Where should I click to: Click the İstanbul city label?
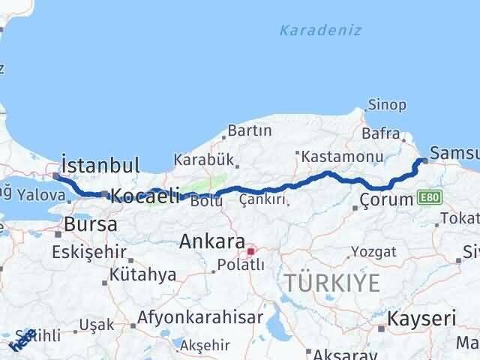click(x=100, y=165)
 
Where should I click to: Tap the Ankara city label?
click(x=212, y=242)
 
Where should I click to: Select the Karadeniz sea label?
click(x=320, y=31)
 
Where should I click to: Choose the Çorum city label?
click(x=386, y=199)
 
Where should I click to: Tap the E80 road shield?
click(x=431, y=196)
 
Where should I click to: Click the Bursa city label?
click(x=90, y=224)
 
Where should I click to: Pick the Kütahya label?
click(x=142, y=275)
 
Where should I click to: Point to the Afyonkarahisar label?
click(x=199, y=317)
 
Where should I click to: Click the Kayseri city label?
click(x=421, y=319)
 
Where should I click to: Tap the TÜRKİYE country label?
click(x=332, y=283)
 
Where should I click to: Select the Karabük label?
click(x=204, y=160)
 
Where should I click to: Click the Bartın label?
click(x=249, y=130)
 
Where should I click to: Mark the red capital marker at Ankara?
click(x=251, y=250)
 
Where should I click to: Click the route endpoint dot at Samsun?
click(x=425, y=160)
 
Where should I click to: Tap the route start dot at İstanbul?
click(x=56, y=176)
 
